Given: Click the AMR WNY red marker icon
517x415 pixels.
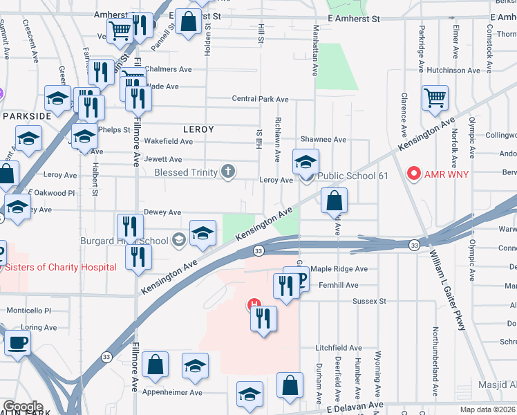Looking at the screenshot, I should (x=415, y=172).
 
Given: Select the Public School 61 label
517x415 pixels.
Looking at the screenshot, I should (x=352, y=176).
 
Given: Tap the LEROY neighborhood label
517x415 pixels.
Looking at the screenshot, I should (x=198, y=129).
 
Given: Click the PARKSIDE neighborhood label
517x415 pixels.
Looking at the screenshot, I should (x=26, y=116).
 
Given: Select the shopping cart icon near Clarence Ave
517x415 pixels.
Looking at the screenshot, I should (x=435, y=98).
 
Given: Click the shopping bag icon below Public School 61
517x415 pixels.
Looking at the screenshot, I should (x=334, y=201).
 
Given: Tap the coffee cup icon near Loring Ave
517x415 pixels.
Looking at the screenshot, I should (x=18, y=341).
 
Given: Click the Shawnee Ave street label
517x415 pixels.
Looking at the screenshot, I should (x=323, y=139).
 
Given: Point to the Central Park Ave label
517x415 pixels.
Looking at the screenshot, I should (x=260, y=99).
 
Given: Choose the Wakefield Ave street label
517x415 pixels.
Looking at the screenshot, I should (x=168, y=141).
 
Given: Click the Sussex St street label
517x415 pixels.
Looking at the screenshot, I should (x=369, y=302).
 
